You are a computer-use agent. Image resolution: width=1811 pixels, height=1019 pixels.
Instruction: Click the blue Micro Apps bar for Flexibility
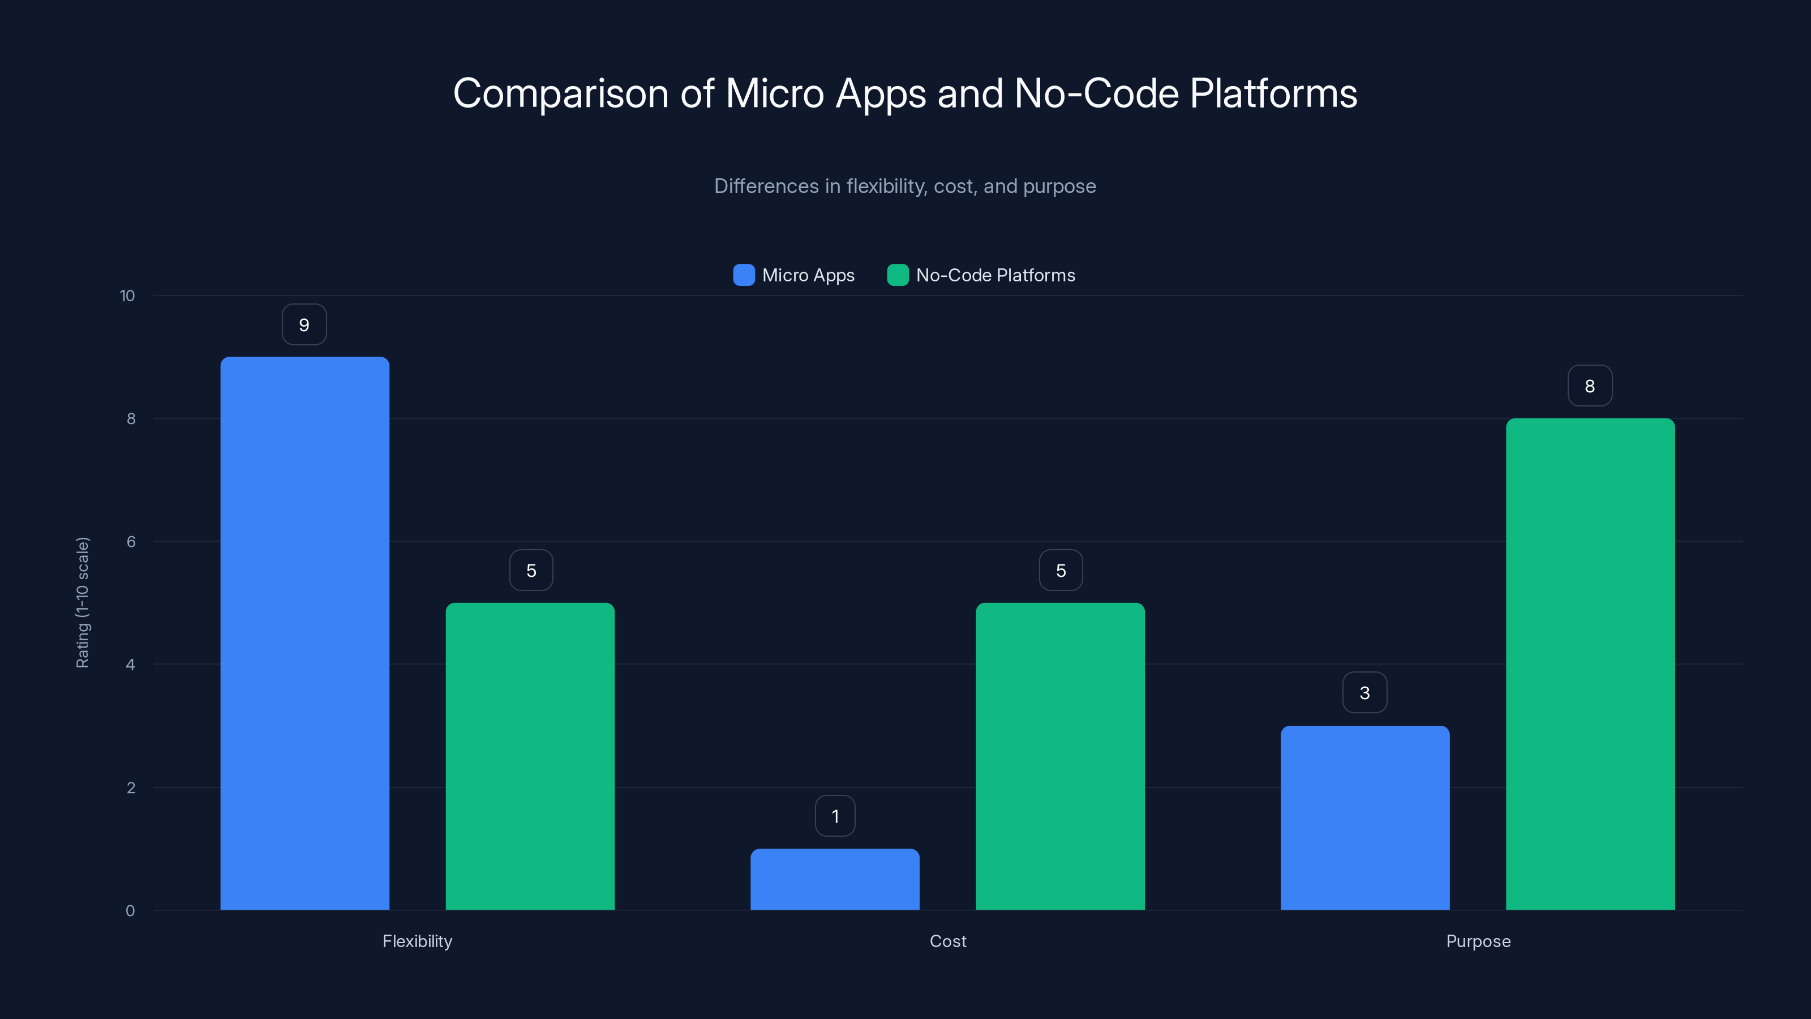[x=304, y=633]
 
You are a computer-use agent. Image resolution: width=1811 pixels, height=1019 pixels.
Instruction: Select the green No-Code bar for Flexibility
[x=530, y=756]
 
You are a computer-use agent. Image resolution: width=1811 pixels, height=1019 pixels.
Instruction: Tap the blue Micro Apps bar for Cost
[x=835, y=879]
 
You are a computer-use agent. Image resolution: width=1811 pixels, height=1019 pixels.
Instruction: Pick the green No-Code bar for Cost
[x=1060, y=756]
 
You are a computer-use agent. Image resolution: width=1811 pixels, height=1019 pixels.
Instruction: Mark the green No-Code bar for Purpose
[x=1590, y=664]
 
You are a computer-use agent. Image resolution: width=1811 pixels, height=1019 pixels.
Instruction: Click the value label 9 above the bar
[x=304, y=325]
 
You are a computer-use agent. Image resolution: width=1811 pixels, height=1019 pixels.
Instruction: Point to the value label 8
[x=1590, y=386]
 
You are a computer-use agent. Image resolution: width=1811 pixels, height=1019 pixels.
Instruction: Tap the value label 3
[x=1364, y=693]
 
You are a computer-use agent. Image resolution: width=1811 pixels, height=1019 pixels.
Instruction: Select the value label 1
[x=835, y=816]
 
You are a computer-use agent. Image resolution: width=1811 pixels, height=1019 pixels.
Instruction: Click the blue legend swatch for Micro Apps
[x=744, y=275]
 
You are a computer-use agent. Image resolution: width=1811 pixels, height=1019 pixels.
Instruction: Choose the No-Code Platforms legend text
[x=995, y=276]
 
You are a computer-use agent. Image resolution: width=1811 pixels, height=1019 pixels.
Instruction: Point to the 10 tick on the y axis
[x=127, y=296]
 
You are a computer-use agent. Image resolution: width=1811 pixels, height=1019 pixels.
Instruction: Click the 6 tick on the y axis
[x=131, y=542]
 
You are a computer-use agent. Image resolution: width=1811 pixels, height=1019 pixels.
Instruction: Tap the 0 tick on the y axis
[x=130, y=911]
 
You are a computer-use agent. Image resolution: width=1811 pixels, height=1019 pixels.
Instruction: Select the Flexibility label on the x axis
[x=417, y=941]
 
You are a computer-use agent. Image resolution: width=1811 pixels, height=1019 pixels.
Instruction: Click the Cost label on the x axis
[x=948, y=941]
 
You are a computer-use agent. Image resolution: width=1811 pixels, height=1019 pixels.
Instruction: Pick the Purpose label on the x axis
[x=1478, y=941]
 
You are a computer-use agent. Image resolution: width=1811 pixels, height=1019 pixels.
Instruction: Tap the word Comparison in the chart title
[x=560, y=93]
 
